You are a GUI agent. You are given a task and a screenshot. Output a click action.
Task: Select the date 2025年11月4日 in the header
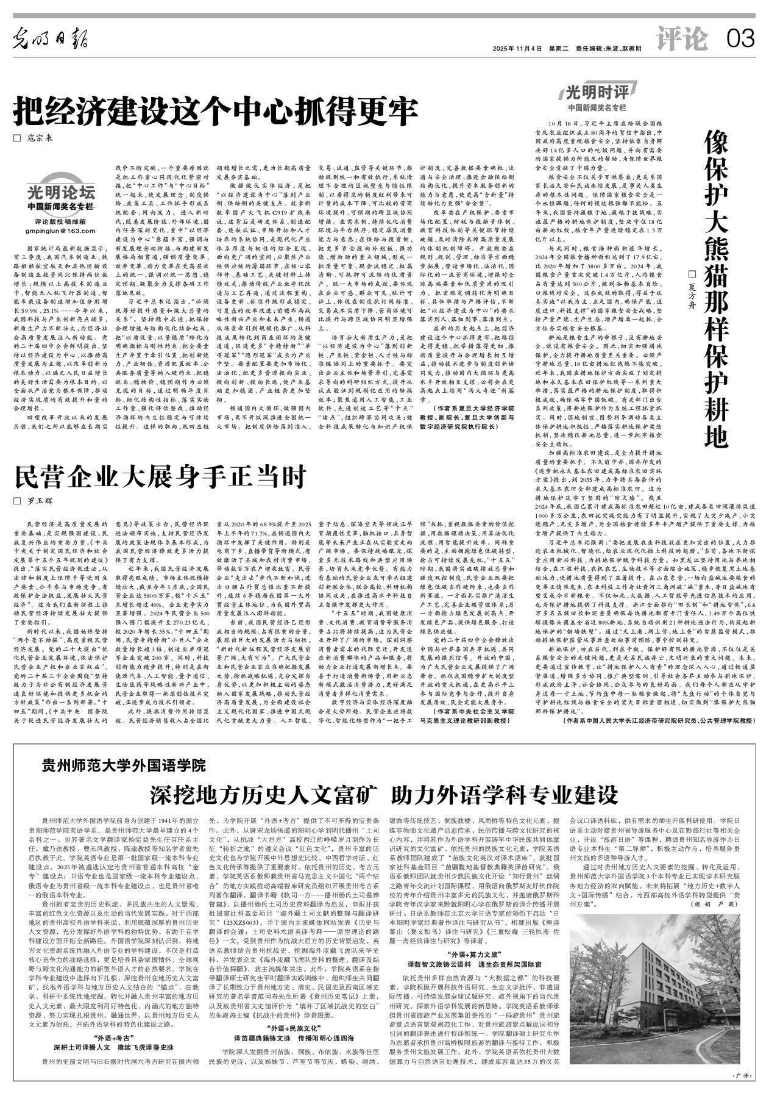click(x=517, y=48)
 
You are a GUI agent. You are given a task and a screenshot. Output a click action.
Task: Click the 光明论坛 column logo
click(x=60, y=194)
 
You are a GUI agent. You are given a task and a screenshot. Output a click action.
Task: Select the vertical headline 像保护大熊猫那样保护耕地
click(x=717, y=287)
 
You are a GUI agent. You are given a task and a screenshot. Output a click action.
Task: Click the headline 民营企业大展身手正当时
click(x=160, y=478)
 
